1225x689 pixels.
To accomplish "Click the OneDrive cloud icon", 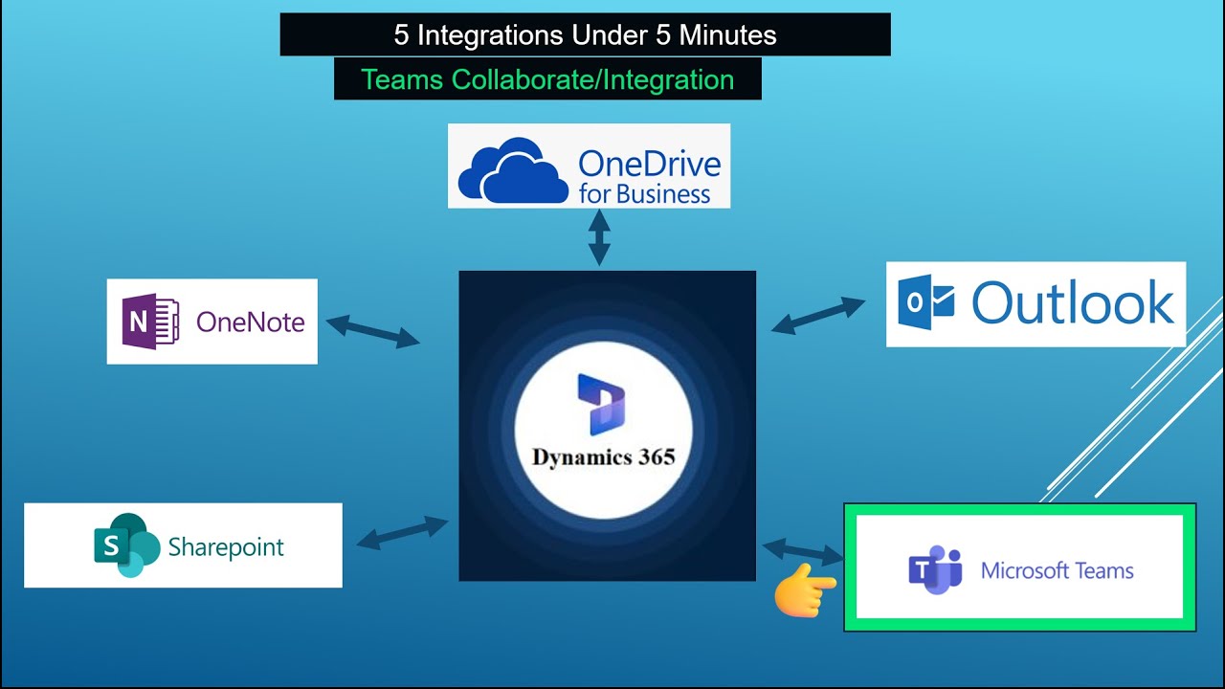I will click(x=513, y=169).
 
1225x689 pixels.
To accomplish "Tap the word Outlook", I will click(x=1073, y=303).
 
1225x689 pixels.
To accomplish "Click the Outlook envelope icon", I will click(x=925, y=303).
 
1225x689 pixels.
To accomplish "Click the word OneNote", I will click(x=250, y=322).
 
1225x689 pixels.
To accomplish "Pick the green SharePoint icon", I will click(x=125, y=545).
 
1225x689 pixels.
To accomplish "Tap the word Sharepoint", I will click(x=226, y=547).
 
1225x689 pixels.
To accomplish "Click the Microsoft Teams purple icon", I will click(x=935, y=570).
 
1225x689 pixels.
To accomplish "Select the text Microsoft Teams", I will click(x=1057, y=571).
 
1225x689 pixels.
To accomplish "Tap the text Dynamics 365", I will click(x=603, y=456).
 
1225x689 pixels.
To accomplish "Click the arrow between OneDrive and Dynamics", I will click(x=599, y=238).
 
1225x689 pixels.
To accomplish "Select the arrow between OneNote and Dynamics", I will click(x=372, y=331).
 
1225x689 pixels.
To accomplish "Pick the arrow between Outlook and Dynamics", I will click(x=817, y=315).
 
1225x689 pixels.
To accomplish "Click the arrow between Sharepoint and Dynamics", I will click(x=402, y=532).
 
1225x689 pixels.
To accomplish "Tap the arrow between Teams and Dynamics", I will click(x=802, y=551).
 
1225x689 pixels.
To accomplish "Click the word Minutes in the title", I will click(x=728, y=35).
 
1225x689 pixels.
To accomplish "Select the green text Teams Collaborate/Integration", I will click(x=547, y=79).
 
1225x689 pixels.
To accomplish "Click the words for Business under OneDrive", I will click(x=644, y=194).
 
